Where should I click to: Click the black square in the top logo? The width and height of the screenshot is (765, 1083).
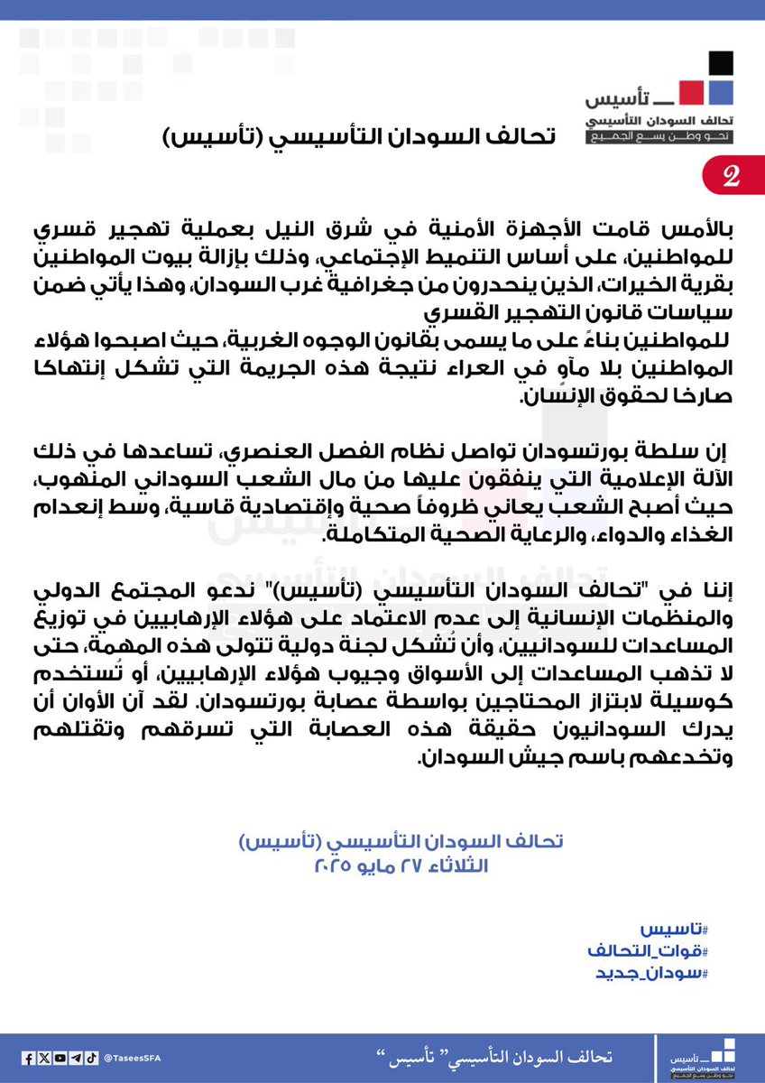(719, 64)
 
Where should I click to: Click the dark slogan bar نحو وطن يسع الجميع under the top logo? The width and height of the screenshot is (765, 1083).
(660, 137)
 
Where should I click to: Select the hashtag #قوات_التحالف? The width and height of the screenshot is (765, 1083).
(648, 952)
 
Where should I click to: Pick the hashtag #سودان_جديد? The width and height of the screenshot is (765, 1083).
(652, 974)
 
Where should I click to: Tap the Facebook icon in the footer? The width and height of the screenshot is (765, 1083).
(30, 1058)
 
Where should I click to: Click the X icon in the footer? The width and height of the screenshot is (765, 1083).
(45, 1058)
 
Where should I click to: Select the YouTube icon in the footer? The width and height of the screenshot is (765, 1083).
(60, 1058)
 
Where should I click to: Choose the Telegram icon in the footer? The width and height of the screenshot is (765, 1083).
(76, 1058)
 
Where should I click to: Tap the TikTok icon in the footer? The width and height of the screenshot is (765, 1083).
(91, 1058)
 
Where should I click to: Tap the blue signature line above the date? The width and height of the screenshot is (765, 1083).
(400, 842)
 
